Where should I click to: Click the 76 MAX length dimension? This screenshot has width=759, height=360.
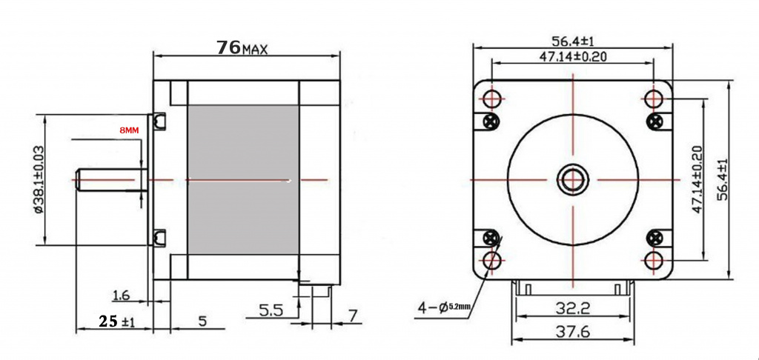tap(242, 47)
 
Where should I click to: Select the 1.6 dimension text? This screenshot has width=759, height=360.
tap(121, 295)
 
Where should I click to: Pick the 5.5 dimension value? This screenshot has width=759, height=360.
tap(271, 310)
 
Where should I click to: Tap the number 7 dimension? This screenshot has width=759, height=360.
tap(353, 316)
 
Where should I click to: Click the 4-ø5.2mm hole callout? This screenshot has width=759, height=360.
tap(444, 307)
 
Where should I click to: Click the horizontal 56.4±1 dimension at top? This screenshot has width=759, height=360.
tap(573, 41)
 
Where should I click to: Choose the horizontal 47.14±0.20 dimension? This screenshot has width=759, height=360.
tap(573, 56)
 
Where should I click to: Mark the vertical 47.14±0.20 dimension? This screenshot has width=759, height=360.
tap(697, 179)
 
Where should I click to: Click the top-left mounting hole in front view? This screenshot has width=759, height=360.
tap(493, 99)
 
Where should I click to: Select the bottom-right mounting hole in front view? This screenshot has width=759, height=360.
tap(654, 260)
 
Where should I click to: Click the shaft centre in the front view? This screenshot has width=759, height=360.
tap(573, 179)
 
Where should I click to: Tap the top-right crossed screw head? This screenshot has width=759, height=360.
tap(657, 120)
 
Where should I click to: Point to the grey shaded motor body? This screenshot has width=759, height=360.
tap(243, 179)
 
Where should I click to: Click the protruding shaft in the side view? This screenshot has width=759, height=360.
tap(112, 179)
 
